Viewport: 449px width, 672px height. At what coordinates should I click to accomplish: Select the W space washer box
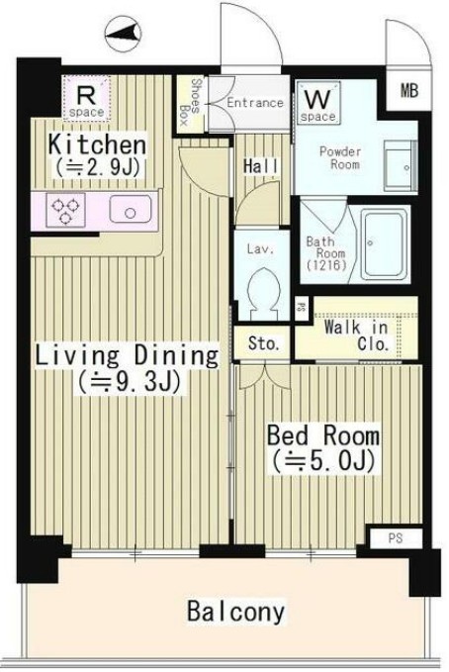[x=316, y=105]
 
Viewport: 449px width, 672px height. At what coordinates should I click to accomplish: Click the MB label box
[x=408, y=92]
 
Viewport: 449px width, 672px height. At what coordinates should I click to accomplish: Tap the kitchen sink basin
[x=129, y=211]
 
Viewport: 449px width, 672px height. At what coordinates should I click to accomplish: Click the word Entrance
[x=255, y=102]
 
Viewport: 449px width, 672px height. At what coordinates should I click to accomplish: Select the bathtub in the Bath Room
[x=386, y=243]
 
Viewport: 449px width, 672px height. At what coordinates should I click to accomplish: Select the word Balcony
[x=235, y=611]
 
